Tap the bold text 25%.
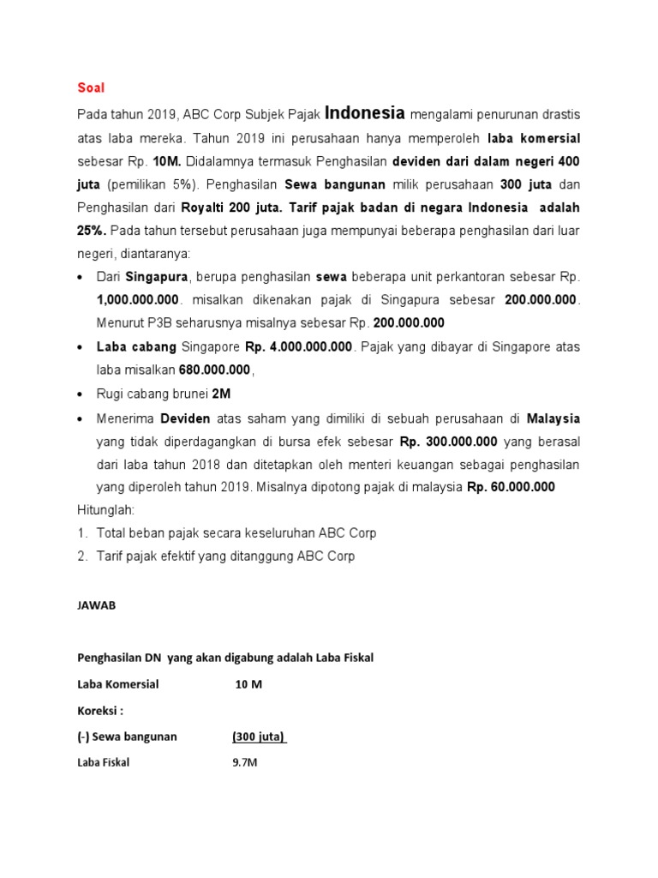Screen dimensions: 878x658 click(x=92, y=232)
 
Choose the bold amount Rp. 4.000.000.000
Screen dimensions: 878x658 click(x=298, y=347)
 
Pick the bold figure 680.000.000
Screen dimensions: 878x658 click(x=214, y=370)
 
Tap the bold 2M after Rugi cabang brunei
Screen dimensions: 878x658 click(x=222, y=394)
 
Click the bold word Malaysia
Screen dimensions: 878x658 click(x=553, y=418)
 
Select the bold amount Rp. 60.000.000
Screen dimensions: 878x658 click(x=511, y=487)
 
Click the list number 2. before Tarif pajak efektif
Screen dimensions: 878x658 click(x=83, y=556)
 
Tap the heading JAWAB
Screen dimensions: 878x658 click(x=96, y=604)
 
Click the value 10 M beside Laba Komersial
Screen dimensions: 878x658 click(x=248, y=684)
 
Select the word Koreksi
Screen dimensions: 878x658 click(x=99, y=711)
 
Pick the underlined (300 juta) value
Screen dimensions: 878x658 click(x=259, y=737)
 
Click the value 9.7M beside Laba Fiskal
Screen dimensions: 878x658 click(x=244, y=763)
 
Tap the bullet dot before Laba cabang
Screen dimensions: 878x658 click(x=81, y=347)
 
